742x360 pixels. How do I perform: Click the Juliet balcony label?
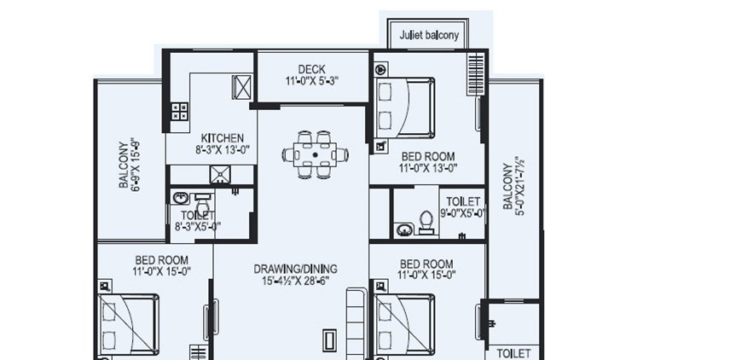pos(429,36)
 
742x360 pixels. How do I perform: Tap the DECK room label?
pos(311,69)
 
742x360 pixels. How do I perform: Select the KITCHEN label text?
pos(222,138)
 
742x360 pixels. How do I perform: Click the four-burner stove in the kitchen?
pos(180,110)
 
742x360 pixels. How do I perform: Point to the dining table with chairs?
pos(316,154)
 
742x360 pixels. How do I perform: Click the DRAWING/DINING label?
pos(291,269)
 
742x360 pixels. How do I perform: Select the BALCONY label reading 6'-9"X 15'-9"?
pos(129,165)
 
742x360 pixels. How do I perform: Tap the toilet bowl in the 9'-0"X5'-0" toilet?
pos(427,223)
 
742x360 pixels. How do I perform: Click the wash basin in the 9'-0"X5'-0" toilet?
pos(404,229)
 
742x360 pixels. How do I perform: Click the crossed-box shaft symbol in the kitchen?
pos(242,87)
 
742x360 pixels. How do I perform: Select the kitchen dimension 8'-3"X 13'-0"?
pos(222,150)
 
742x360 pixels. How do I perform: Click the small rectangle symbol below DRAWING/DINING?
pos(329,340)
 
